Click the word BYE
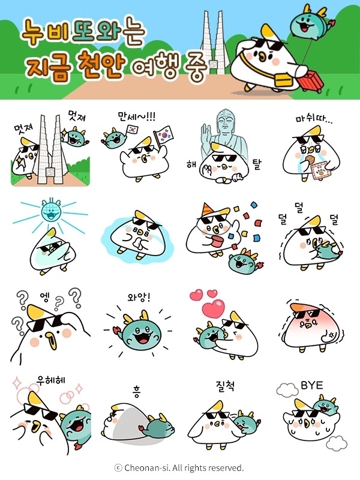tap(311, 385)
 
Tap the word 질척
tap(225, 386)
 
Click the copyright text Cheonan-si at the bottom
tap(179, 467)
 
